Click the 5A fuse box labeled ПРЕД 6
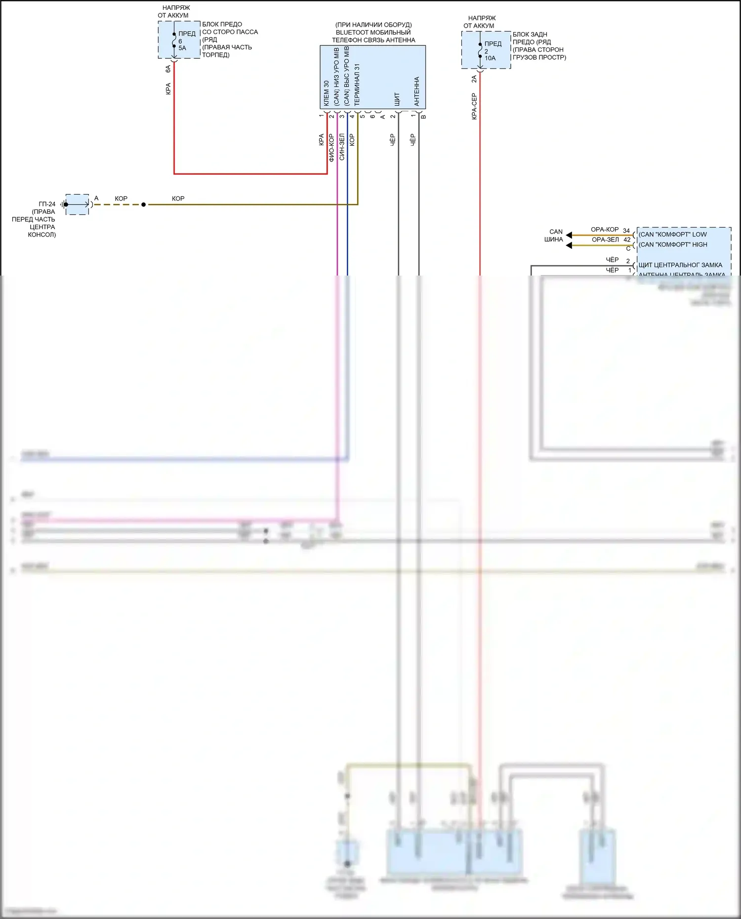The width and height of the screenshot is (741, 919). tap(179, 40)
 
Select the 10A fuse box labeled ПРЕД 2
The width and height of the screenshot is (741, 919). tap(486, 50)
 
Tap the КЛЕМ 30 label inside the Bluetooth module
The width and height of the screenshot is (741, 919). tap(326, 94)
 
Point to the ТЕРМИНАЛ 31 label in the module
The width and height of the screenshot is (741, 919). tap(357, 84)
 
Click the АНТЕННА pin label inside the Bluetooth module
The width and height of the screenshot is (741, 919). tap(416, 91)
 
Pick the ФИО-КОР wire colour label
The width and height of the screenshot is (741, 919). tap(331, 148)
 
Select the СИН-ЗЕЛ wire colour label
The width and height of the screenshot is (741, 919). tap(342, 147)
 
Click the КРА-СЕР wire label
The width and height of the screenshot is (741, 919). tap(474, 106)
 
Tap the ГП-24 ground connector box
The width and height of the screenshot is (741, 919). tap(77, 204)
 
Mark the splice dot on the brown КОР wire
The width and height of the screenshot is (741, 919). tap(144, 204)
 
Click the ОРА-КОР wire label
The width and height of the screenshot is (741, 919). tap(605, 230)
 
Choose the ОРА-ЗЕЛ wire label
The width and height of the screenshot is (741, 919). tap(605, 240)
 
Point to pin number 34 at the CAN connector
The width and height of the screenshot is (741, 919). tap(626, 231)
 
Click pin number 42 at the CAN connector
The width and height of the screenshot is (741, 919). tap(627, 240)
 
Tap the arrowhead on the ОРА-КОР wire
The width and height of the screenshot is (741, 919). tap(569, 235)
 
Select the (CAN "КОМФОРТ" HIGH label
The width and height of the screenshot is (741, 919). tap(673, 244)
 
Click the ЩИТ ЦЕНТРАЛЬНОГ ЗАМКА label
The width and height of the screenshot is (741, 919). tap(680, 265)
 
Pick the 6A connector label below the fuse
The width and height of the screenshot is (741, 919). tap(168, 69)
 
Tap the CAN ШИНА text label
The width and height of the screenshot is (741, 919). tap(555, 236)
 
